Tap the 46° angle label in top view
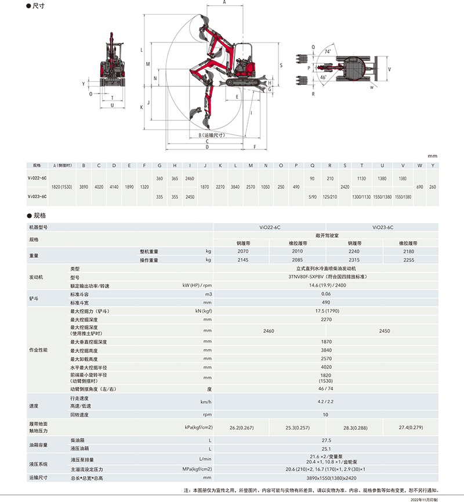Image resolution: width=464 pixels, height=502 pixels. (323, 77)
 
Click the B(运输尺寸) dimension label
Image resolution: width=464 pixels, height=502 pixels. (207, 135)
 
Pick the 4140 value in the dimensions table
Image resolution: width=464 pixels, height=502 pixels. (114, 187)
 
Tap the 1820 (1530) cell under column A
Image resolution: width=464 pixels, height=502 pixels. (62, 187)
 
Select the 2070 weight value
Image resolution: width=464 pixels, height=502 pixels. (242, 252)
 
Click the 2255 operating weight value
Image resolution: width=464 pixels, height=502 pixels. (408, 260)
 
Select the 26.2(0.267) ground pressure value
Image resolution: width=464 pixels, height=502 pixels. (242, 428)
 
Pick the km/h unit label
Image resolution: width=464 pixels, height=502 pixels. (205, 401)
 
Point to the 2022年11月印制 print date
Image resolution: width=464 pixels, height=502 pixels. (427, 499)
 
